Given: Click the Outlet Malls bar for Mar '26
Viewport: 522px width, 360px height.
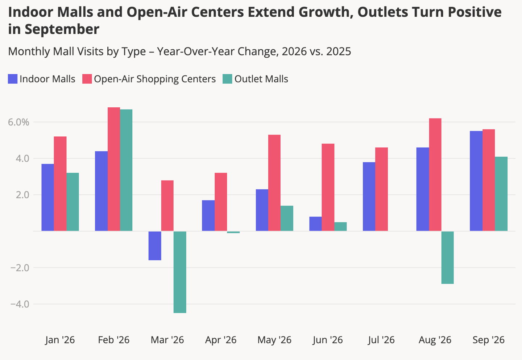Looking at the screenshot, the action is point(180,272).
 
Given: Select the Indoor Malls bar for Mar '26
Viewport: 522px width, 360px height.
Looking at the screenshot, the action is point(155,245).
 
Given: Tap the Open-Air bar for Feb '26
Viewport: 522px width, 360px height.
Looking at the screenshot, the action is point(114,169).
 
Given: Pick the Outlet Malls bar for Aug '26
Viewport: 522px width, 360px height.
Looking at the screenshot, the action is point(447,257).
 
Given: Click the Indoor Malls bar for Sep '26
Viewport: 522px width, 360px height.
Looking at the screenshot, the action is point(476,181).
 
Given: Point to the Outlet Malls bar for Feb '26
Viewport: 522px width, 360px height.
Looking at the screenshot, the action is point(126,170).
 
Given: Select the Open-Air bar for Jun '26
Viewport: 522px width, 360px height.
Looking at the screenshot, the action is point(328,187).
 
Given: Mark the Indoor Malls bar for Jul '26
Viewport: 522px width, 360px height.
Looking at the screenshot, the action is point(369,196).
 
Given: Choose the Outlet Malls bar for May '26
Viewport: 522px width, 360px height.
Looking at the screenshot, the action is point(287,218).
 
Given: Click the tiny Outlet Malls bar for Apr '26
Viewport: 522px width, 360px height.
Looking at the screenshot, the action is point(233,232).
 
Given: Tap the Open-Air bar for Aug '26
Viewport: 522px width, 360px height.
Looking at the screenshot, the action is point(435,175).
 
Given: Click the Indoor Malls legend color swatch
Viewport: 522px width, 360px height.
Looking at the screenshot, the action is point(13,79).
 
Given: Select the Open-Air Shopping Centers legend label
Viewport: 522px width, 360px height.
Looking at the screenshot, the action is point(155,79).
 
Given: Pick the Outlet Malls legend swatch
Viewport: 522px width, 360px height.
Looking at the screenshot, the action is point(227,79).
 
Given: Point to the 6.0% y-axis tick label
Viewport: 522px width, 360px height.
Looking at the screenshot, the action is point(18,122).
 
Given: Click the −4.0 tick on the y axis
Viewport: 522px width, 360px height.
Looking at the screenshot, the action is point(20,304).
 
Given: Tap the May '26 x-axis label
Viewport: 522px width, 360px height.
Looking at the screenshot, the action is point(274,340).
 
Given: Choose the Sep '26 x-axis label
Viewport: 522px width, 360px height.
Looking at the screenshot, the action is point(488,340).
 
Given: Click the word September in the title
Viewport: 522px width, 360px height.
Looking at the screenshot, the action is point(62,29).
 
